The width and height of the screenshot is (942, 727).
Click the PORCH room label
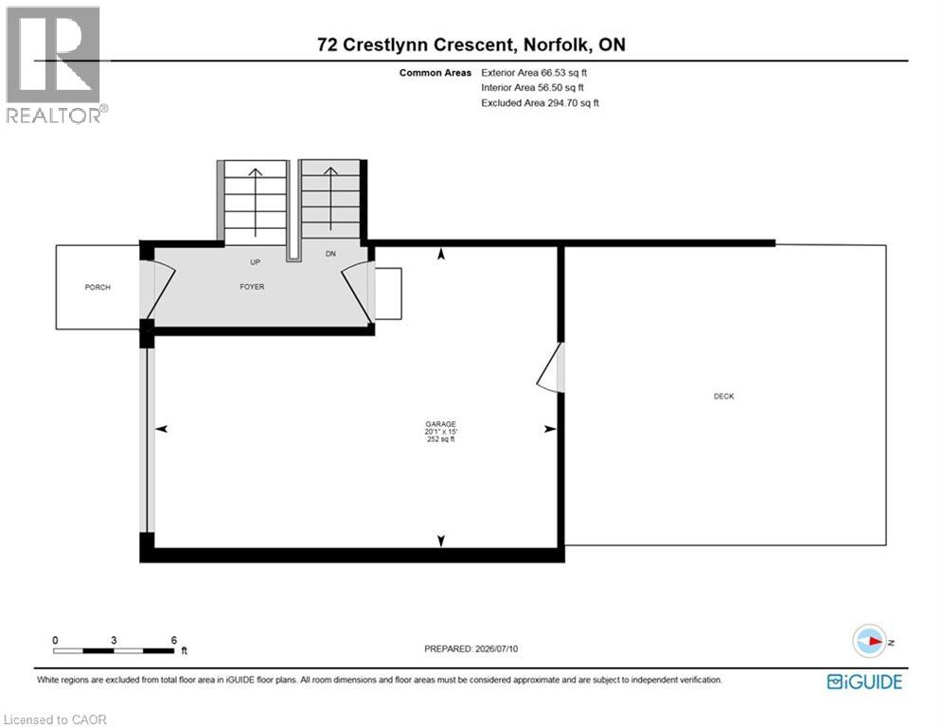[98, 287]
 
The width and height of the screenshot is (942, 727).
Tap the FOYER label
[252, 287]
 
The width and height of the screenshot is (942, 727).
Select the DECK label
[724, 396]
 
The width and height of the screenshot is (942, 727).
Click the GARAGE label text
[440, 423]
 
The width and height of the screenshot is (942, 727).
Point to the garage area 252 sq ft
[440, 439]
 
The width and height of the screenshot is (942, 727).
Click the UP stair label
[255, 262]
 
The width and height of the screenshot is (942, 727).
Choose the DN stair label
[330, 254]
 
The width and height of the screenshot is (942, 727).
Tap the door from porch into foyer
[157, 291]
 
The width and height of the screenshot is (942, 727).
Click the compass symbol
[869, 641]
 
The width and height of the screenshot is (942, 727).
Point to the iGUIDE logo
[864, 682]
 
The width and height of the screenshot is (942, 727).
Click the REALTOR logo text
[54, 115]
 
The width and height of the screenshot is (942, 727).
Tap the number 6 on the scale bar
[174, 640]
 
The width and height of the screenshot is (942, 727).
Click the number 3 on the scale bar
[114, 640]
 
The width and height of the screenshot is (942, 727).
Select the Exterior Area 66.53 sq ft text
[533, 73]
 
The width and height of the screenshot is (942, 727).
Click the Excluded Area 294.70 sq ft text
[540, 103]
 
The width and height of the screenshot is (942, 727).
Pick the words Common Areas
[435, 73]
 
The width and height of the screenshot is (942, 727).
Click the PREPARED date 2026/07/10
[496, 648]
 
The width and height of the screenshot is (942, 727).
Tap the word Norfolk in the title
[558, 44]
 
